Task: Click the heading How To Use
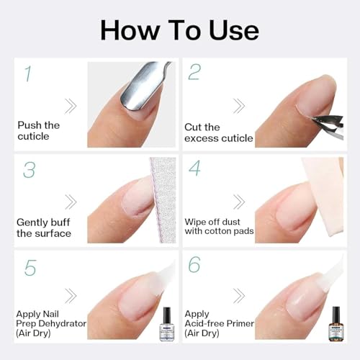[179, 30]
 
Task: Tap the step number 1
[27, 73]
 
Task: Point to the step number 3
[28, 170]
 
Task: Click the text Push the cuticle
[39, 131]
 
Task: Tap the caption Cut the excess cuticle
[218, 132]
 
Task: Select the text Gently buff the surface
[44, 228]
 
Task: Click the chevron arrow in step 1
[70, 106]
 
